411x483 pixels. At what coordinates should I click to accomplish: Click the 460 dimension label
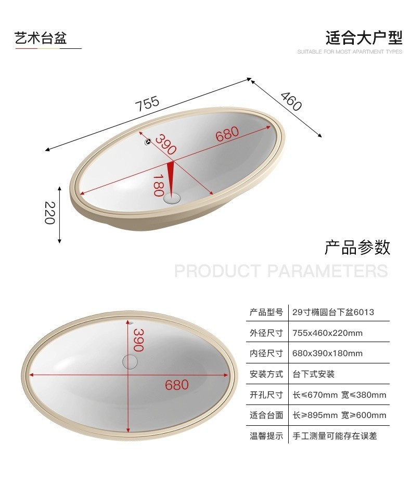[291, 101]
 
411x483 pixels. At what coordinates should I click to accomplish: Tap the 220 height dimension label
[49, 213]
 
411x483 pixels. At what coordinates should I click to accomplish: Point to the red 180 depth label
[159, 185]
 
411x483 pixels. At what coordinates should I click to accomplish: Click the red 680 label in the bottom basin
[177, 385]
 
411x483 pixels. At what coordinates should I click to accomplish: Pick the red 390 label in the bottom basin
[138, 340]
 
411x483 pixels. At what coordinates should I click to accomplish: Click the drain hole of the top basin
[172, 198]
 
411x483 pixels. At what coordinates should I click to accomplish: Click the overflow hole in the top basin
[147, 140]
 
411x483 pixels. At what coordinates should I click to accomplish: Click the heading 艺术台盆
[41, 38]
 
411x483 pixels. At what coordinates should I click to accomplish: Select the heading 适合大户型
[364, 38]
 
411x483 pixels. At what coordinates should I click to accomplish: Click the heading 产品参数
[357, 247]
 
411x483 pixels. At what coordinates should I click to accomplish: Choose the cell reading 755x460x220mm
[327, 333]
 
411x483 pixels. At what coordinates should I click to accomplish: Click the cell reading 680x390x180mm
[327, 354]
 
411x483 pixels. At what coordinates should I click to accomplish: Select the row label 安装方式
[266, 374]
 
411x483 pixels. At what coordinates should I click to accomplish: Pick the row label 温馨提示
[266, 436]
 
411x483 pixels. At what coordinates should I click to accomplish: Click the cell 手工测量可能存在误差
[335, 436]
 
